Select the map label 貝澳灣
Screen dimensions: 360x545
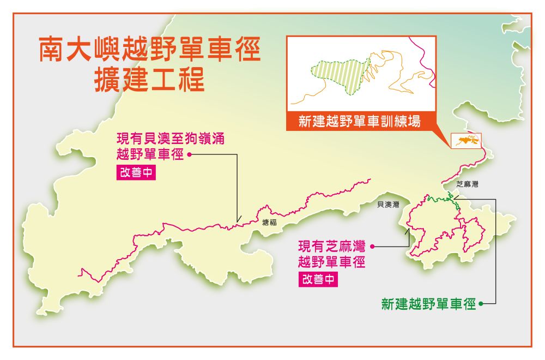pyautogui.click(x=388, y=205)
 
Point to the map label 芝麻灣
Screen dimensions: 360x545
pyautogui.click(x=467, y=185)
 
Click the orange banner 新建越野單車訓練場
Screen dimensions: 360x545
pyautogui.click(x=360, y=121)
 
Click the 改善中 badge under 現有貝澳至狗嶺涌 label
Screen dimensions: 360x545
pyautogui.click(x=140, y=172)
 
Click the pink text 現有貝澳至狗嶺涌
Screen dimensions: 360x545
pyautogui.click(x=170, y=139)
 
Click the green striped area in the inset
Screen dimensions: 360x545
pyautogui.click(x=343, y=74)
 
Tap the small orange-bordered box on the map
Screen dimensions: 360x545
pyautogui.click(x=466, y=141)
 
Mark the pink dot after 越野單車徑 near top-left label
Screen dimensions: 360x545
pyautogui.click(x=189, y=154)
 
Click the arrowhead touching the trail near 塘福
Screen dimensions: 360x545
pyautogui.click(x=238, y=220)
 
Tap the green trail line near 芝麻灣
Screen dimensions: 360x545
pyautogui.click(x=441, y=200)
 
